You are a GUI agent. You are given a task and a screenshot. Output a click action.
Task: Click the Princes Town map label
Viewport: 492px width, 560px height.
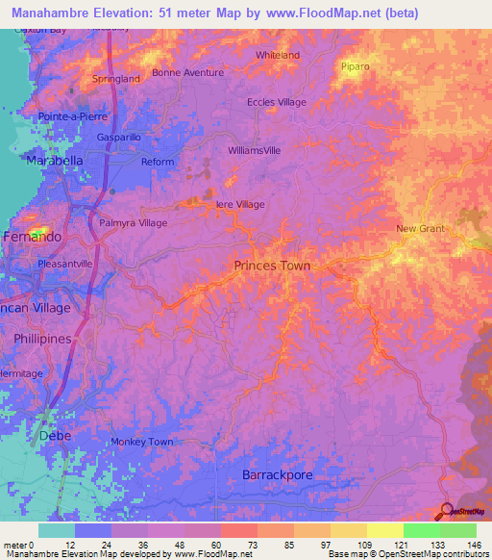tap(272, 265)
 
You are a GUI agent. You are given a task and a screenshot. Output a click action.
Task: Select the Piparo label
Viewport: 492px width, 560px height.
tap(355, 66)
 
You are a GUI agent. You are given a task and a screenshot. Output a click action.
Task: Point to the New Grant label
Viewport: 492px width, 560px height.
tap(422, 228)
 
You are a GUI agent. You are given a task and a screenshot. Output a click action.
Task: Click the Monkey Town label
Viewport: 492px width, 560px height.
tap(141, 442)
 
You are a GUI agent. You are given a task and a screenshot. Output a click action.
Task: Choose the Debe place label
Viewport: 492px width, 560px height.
tap(55, 436)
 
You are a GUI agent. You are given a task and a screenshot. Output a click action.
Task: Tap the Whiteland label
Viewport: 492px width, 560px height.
tap(278, 55)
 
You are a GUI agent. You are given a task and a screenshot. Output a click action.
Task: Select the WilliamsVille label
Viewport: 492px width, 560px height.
tap(255, 151)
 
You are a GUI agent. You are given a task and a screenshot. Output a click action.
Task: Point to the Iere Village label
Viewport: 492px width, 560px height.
tap(239, 204)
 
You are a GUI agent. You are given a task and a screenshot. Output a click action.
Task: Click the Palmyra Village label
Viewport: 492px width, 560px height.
tap(134, 222)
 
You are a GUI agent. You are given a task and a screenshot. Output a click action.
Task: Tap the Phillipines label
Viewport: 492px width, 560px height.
tap(44, 339)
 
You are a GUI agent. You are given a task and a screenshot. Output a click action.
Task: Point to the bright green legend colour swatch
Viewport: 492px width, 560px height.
tap(421, 530)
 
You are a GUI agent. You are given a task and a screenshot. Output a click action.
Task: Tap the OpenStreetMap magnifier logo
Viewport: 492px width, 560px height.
tap(449, 511)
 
